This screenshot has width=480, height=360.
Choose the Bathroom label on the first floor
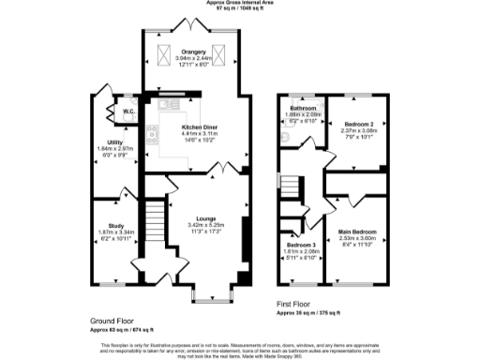pos(302,109)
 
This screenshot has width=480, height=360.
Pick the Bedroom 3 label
pos(302,245)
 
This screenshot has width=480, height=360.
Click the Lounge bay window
pos(207,296)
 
